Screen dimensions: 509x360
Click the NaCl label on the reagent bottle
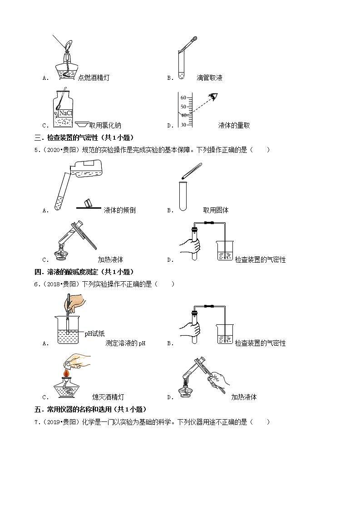click(65, 113)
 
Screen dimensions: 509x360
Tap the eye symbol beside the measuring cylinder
click(213, 97)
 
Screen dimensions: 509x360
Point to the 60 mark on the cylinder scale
click(183, 98)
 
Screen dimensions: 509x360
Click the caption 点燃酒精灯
click(94, 78)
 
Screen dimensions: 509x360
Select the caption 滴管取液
click(209, 78)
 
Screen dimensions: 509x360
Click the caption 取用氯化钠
click(105, 126)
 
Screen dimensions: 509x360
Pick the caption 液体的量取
click(234, 126)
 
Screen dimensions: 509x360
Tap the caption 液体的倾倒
click(119, 210)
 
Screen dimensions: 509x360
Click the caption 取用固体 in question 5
click(216, 210)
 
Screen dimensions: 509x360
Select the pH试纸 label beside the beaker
click(94, 333)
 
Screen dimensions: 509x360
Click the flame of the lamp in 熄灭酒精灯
click(66, 373)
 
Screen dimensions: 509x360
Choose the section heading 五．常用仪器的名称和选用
click(91, 410)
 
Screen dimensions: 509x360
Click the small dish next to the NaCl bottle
click(82, 124)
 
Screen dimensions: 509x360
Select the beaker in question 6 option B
click(224, 333)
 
